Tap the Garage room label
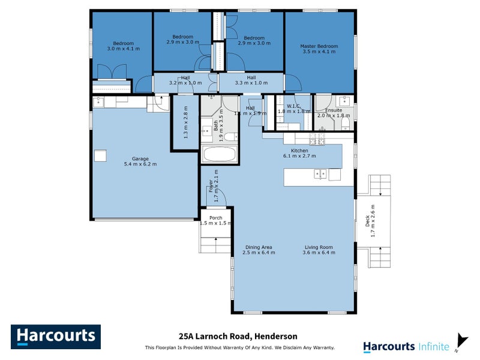[x=123, y=161]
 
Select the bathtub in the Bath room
[x=218, y=154]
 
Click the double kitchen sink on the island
[x=320, y=174]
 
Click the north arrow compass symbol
[x=460, y=341]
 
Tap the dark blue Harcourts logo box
[x=56, y=337]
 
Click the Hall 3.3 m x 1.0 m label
[x=250, y=80]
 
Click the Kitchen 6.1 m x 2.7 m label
[x=299, y=153]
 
